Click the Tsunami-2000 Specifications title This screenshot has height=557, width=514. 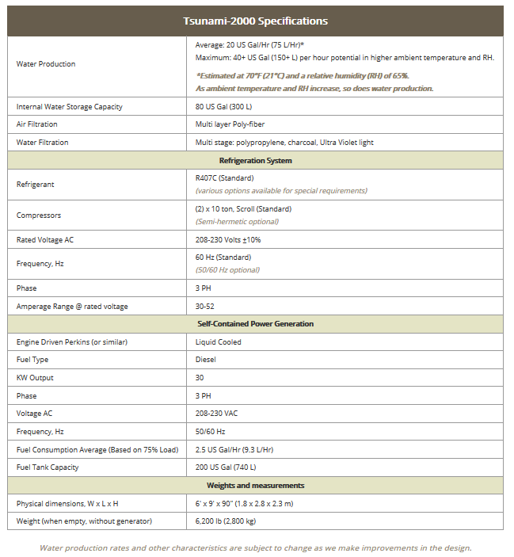tap(255, 21)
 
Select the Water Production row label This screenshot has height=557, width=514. tap(46, 64)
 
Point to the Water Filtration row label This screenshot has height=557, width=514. tap(43, 143)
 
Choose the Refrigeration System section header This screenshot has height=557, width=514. tap(255, 160)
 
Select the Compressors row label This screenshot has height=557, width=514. tap(39, 215)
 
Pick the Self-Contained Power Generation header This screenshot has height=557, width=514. tap(255, 324)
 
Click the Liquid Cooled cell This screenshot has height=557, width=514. tap(219, 342)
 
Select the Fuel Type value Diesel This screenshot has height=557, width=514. tap(206, 360)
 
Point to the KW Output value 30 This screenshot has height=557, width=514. tap(200, 378)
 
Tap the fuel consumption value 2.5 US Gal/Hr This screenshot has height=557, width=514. tap(234, 449)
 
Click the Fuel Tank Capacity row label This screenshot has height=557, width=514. tap(48, 467)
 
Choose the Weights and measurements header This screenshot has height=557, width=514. tap(255, 485)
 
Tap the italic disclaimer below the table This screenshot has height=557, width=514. tap(255, 547)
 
